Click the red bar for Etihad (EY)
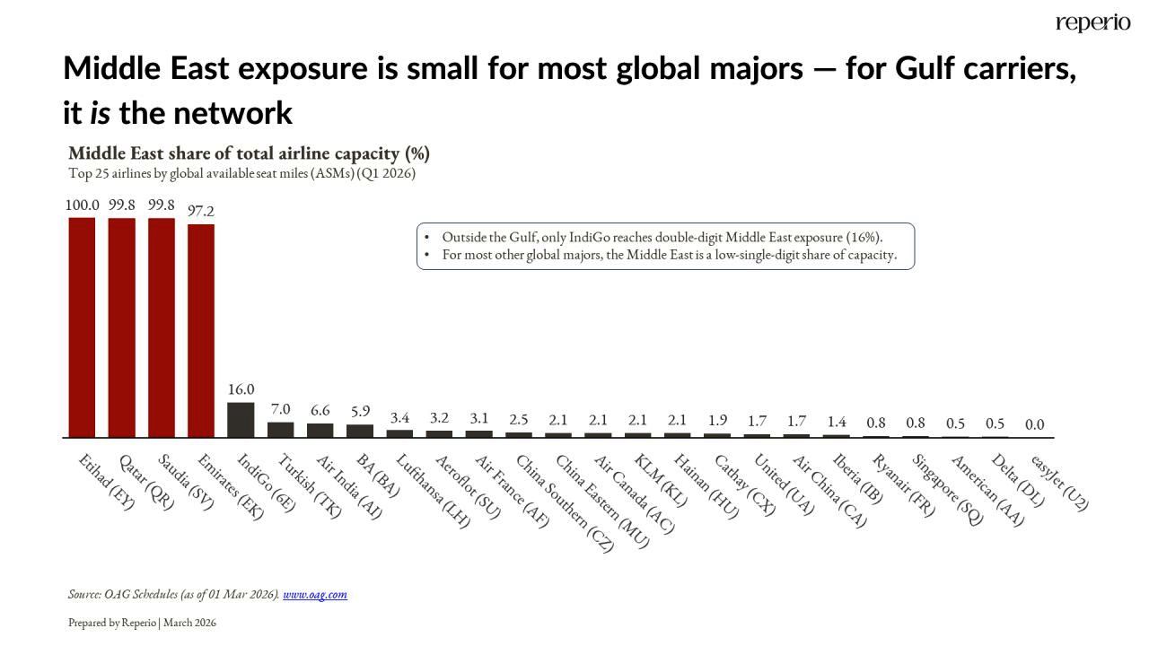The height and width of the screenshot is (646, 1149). pos(82,327)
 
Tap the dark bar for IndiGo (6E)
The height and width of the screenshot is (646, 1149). pos(241,419)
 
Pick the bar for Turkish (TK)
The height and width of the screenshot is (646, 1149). pos(280,429)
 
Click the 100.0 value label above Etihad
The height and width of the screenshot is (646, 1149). pos(82,205)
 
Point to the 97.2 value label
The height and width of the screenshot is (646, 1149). pos(201,212)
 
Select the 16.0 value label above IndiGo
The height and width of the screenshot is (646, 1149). pos(241,389)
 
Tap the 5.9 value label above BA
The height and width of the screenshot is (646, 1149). pos(360,411)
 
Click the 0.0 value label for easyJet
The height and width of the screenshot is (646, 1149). pos(1034,424)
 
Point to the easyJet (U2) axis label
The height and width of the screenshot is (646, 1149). pos(1060,483)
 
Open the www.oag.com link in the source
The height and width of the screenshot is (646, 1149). pos(315,594)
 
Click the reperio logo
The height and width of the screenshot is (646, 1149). pos(1092,22)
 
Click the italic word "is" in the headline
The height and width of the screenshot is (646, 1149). pos(100,114)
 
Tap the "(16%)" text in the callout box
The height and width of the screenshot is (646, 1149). pos(865,237)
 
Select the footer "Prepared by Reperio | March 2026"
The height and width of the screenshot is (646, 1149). pos(142,623)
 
